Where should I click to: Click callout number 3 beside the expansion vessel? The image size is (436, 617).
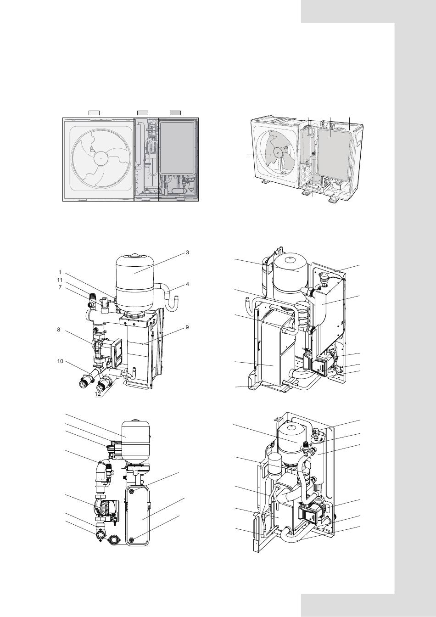pos(187,252)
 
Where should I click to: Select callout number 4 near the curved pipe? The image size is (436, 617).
pos(187,284)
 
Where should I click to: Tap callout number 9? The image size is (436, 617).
pos(187,327)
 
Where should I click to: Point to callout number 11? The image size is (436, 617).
pos(60,280)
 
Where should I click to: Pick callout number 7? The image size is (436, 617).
pos(60,287)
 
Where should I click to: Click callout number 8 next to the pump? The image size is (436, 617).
pos(59,330)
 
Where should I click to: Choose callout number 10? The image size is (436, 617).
pos(60,361)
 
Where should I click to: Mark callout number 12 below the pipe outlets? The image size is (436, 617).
pos(97,394)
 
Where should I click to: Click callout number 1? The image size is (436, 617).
pos(60,272)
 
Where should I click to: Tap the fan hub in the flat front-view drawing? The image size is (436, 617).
pos(101,159)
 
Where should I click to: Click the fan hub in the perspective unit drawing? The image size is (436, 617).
pos(277,152)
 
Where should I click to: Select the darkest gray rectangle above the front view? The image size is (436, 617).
pos(175,112)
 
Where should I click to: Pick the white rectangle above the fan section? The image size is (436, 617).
pos(94,112)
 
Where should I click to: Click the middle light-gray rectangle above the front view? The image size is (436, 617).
pos(143,112)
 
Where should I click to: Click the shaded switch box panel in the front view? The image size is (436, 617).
pos(178,148)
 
